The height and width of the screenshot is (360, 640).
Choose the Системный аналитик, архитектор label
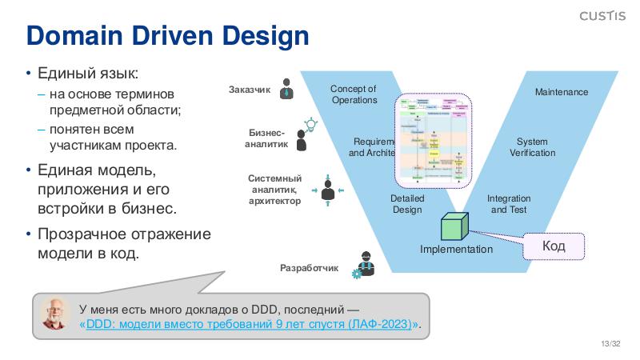(x=274, y=190)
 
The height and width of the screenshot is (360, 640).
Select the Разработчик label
(x=310, y=267)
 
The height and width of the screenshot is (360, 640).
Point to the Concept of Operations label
(x=354, y=94)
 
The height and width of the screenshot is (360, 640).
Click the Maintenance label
(x=561, y=92)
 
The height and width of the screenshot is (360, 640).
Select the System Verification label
(x=532, y=147)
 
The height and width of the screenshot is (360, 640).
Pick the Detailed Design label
(x=407, y=204)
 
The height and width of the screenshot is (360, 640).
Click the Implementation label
(x=457, y=250)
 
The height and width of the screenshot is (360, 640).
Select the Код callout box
(x=554, y=246)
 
